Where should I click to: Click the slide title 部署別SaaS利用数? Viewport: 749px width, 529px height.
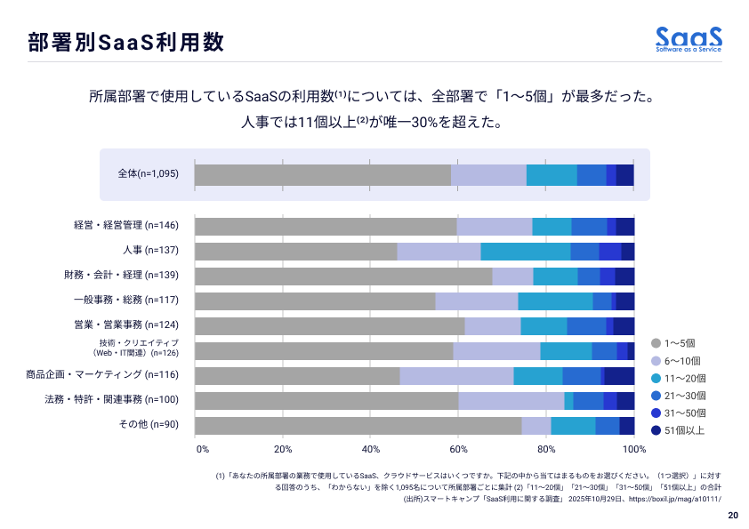pyautogui.click(x=125, y=42)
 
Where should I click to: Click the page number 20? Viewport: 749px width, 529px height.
pyautogui.click(x=732, y=516)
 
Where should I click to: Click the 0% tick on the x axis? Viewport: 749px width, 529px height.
pyautogui.click(x=202, y=449)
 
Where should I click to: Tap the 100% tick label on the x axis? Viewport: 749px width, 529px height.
pyautogui.click(x=633, y=449)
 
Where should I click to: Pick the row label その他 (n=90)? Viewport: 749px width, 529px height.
pyautogui.click(x=149, y=425)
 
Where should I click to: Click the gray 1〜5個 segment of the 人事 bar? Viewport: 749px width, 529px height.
pyautogui.click(x=295, y=252)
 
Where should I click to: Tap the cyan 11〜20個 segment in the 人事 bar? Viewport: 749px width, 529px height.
pyautogui.click(x=525, y=252)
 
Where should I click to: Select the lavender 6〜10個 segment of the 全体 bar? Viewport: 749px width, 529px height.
pyautogui.click(x=488, y=175)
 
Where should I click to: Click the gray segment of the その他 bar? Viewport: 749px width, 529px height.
pyautogui.click(x=358, y=426)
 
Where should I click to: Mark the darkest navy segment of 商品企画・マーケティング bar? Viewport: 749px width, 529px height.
pyautogui.click(x=619, y=376)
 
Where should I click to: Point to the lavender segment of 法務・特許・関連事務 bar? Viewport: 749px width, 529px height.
pyautogui.click(x=511, y=401)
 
